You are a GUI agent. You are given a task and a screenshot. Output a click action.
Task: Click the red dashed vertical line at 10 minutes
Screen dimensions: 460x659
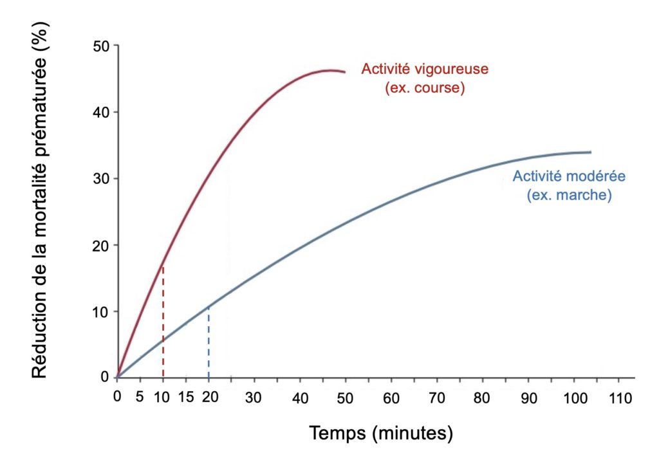tap(163, 322)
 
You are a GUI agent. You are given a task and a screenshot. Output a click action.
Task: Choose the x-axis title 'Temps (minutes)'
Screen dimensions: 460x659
tap(381, 433)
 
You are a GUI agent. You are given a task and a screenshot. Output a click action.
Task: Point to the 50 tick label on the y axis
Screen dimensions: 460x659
tap(101, 46)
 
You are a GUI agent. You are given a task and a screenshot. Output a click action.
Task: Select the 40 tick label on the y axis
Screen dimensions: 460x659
tap(101, 112)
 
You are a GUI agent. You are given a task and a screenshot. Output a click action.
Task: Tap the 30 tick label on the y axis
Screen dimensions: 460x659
tap(101, 179)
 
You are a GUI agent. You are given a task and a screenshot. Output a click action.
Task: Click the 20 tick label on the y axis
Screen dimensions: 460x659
tap(101, 245)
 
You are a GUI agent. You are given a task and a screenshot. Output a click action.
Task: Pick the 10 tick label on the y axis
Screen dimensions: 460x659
tap(101, 311)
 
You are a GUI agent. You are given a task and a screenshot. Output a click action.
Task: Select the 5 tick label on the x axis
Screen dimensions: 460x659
tap(140, 396)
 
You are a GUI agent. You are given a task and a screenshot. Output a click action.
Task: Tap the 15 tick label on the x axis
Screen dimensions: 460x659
tap(186, 396)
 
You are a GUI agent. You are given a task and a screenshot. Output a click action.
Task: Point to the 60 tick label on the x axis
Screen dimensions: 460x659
tap(391, 396)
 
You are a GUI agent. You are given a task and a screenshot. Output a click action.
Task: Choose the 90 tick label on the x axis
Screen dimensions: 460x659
tap(528, 396)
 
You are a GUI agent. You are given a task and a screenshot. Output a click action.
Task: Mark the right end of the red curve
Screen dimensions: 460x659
tap(345, 72)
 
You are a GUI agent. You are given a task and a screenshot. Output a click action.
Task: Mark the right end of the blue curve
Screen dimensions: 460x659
tap(590, 152)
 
